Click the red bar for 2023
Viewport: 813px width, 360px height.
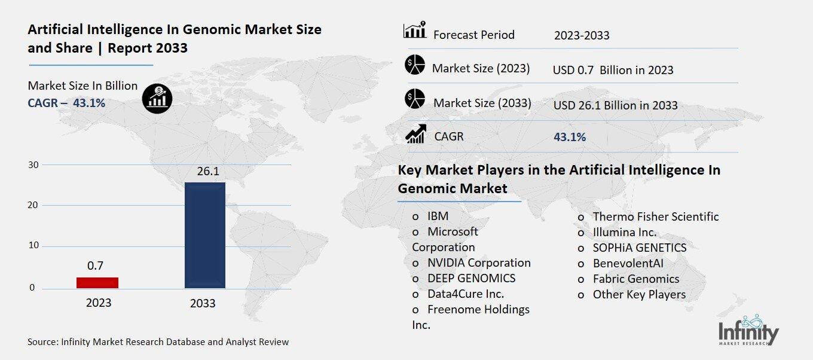coord(97,283)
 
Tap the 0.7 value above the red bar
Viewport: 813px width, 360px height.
coord(95,266)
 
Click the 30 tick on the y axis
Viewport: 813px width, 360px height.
coord(33,165)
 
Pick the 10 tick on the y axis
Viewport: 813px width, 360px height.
coord(33,246)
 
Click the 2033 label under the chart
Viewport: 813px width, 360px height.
coord(203,304)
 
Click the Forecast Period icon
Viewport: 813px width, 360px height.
coord(414,30)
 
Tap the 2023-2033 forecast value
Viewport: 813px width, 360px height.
coord(582,35)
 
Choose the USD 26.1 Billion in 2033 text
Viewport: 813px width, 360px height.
coord(615,106)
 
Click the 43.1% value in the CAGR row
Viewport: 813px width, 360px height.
coord(570,138)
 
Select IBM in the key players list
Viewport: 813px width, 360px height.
coord(438,216)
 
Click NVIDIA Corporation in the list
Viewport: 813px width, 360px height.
coord(478,263)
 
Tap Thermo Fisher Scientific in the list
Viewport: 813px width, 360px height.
coord(655,217)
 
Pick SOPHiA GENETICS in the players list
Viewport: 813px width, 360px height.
coord(639,248)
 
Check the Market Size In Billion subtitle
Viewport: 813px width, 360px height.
coord(82,86)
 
